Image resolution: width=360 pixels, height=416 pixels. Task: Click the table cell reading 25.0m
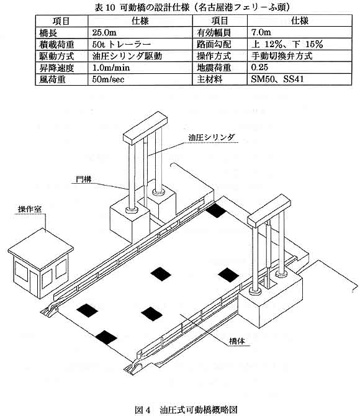coord(104,33)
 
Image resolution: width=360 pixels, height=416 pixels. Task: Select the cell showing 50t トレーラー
coord(122,44)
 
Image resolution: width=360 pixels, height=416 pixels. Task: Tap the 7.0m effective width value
coord(261,32)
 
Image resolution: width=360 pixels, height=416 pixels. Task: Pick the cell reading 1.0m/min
coord(111,68)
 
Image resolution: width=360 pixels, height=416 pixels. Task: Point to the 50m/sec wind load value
coord(108,79)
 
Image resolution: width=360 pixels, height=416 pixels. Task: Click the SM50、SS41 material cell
coord(277,79)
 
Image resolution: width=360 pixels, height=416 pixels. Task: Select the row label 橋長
coord(48,33)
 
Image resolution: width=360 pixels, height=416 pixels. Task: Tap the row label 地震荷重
coord(214,68)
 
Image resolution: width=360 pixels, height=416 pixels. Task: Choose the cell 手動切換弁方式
coord(281,56)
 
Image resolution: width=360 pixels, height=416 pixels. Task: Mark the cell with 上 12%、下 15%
coord(287,44)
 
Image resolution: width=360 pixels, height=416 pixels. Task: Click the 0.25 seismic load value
coord(259,68)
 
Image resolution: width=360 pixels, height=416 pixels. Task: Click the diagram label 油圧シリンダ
coord(212,137)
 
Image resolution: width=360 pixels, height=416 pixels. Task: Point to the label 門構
coord(84,179)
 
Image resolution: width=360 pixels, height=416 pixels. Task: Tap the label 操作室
coord(30,209)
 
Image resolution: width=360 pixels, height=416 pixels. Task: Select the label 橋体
coord(237,341)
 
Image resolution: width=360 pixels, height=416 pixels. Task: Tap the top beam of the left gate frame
coord(145,128)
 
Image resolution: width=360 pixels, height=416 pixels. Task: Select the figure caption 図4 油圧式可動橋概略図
coord(186,410)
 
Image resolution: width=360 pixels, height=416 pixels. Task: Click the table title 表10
coord(105,7)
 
